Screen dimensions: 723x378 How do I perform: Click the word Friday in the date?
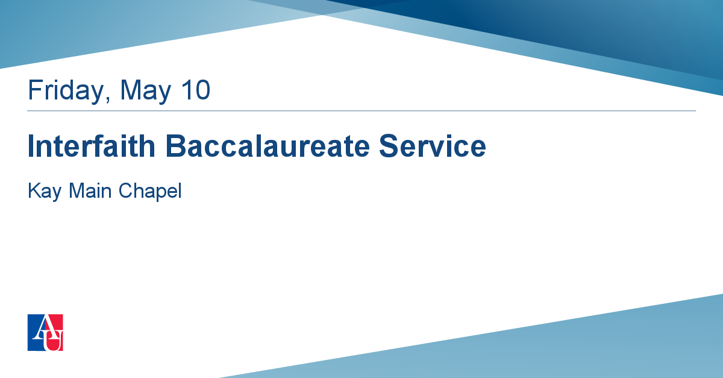(x=66, y=91)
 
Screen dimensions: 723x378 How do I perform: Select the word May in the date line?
(x=146, y=91)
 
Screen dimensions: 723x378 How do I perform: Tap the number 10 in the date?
(x=196, y=89)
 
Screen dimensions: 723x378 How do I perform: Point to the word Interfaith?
(x=92, y=146)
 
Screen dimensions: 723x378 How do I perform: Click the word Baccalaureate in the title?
(x=268, y=146)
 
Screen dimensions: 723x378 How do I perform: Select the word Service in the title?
(x=433, y=146)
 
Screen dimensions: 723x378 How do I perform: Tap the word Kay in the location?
(x=45, y=191)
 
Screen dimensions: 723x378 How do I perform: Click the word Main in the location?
(x=90, y=191)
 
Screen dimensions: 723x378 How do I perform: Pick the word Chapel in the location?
(x=150, y=191)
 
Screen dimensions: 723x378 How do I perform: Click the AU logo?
(x=45, y=332)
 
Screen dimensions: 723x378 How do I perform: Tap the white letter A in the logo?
(x=43, y=327)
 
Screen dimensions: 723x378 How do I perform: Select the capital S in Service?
(x=389, y=146)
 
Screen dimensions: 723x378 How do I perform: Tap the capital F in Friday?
(x=35, y=89)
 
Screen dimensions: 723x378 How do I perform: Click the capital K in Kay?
(x=34, y=191)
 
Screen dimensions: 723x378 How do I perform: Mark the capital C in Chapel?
(x=126, y=191)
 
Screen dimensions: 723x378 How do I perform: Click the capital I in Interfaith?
(x=31, y=146)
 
